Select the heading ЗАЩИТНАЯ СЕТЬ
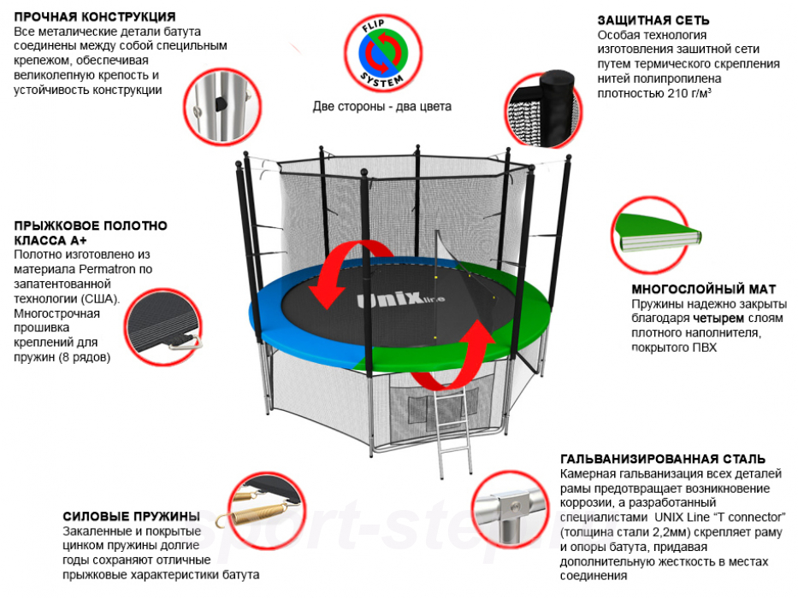click(653, 20)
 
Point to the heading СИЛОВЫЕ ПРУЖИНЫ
click(130, 516)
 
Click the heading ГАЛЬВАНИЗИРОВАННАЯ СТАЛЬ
click(662, 459)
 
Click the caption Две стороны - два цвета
click(381, 107)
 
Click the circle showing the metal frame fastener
click(218, 104)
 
